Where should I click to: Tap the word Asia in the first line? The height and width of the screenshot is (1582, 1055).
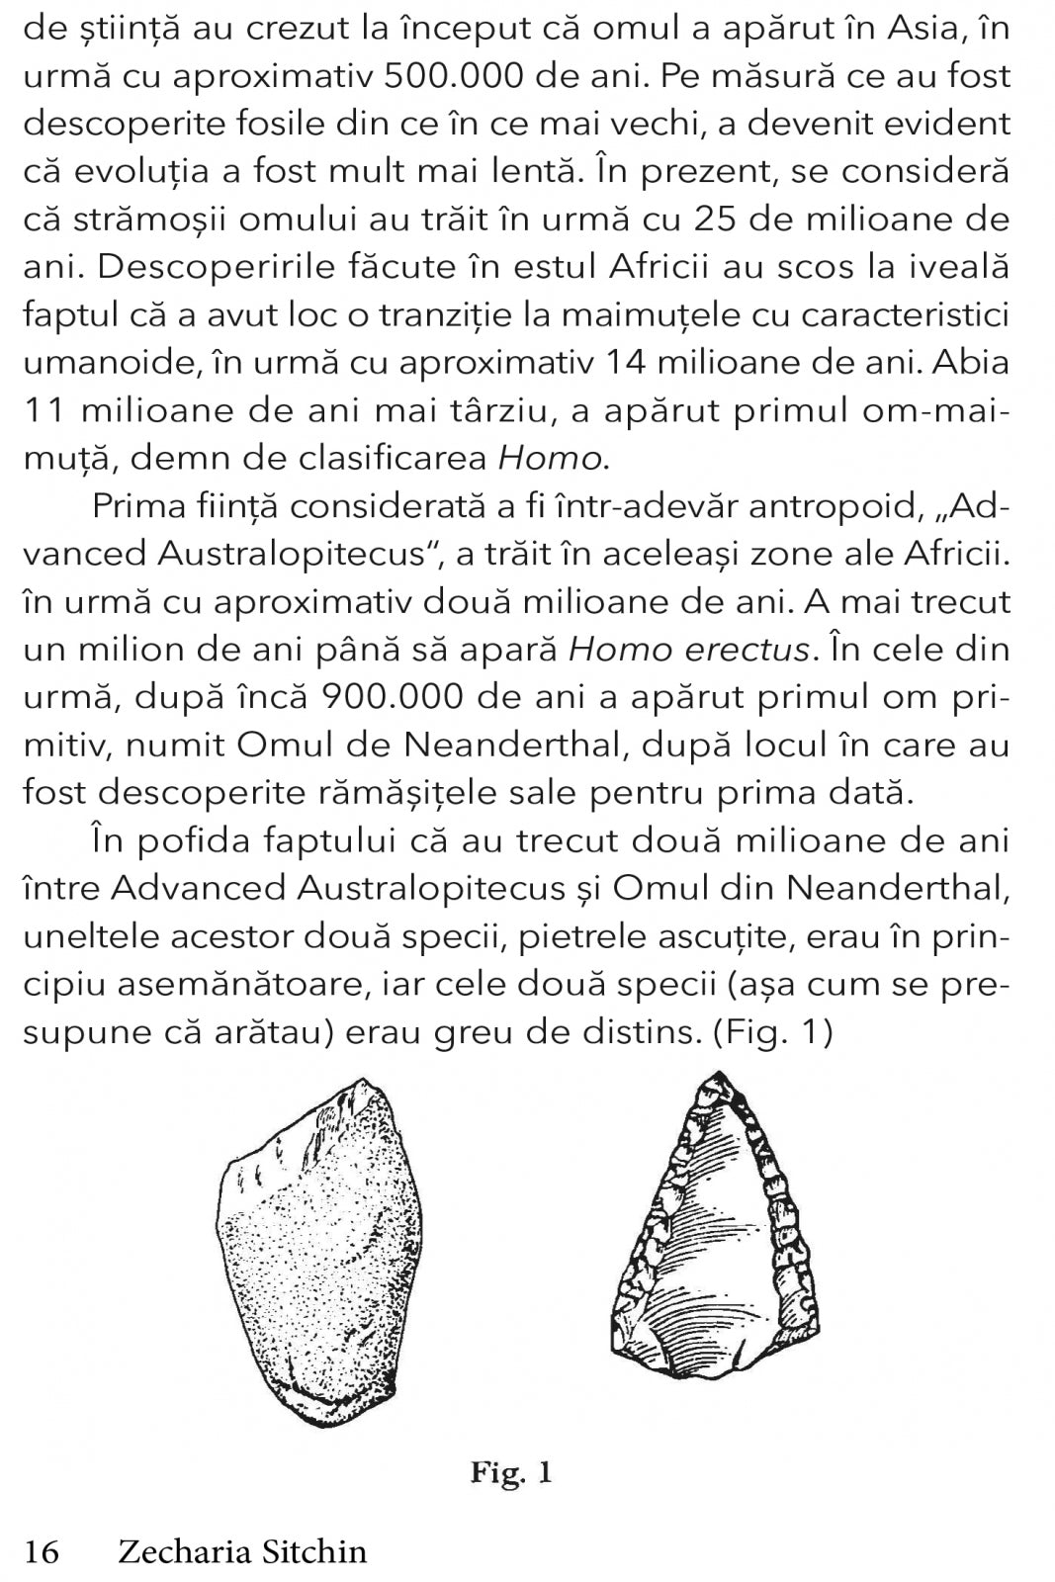[906, 29]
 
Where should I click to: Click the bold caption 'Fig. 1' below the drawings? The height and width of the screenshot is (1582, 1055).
[510, 1473]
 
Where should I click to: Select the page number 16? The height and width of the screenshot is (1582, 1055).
[42, 1550]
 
